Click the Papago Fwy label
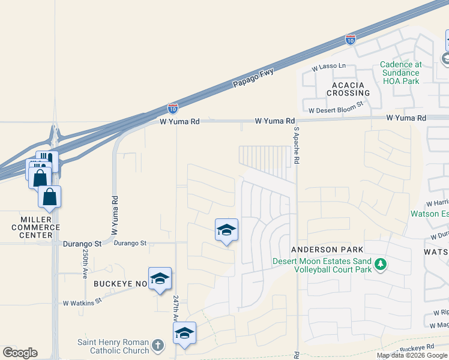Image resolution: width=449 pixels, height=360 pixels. pos(253,80)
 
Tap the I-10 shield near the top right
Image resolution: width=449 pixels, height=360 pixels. pos(351,40)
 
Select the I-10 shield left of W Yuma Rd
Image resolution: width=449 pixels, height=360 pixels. pos(172,108)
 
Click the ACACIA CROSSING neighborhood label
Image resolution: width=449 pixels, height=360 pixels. pos(348,89)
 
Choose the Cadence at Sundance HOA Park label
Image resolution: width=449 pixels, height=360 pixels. pos(401,68)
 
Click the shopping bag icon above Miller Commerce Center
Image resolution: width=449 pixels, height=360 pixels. pos(49,196)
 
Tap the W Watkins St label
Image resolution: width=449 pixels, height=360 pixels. pos(83,303)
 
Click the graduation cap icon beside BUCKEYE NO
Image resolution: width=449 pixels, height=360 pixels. pos(160,278)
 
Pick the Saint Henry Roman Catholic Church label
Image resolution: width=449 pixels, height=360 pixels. pos(113,346)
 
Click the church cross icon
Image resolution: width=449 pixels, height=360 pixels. pos(157,345)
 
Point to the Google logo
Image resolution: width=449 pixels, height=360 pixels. pos(20,353)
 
